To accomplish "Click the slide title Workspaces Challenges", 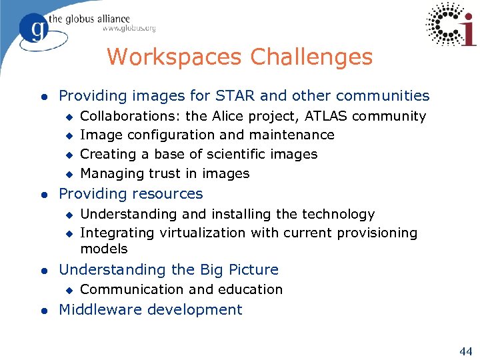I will click(239, 57).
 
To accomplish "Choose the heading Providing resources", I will click(131, 194).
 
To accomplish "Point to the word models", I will click(104, 249).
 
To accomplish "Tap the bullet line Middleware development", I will click(151, 310).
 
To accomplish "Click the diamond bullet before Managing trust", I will click(67, 174).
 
